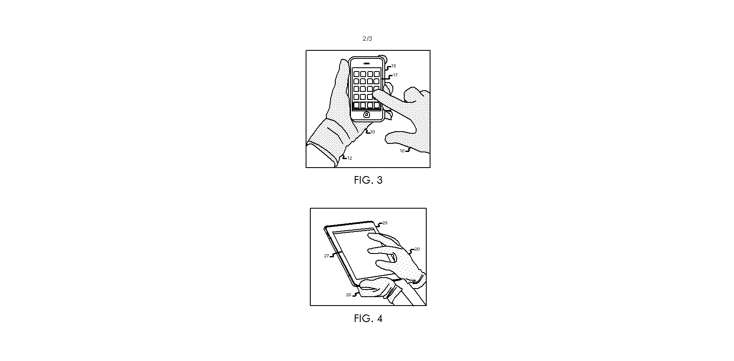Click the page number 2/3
367,39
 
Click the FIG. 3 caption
368,180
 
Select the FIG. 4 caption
368,319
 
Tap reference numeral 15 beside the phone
394,66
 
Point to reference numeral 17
395,75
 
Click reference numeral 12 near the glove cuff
350,158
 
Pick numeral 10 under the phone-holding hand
373,132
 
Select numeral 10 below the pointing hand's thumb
402,151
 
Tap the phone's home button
367,114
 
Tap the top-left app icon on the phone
356,74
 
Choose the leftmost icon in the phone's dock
356,105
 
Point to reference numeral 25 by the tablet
385,223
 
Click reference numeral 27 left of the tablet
326,256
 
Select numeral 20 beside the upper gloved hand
417,249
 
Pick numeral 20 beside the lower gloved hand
348,295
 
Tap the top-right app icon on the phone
377,74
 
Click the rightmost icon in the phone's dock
377,105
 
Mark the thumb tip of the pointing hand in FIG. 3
388,138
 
